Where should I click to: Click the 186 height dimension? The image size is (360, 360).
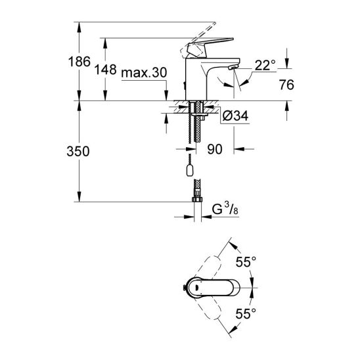tap(79, 62)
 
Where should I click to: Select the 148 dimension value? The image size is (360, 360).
tap(105, 70)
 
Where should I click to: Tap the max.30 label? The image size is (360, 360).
tap(144, 73)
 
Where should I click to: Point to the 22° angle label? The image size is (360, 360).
tap(265, 65)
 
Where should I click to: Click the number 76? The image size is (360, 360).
tap(286, 85)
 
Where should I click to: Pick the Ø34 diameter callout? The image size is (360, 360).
tap(236, 116)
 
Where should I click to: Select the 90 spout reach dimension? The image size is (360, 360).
tap(215, 149)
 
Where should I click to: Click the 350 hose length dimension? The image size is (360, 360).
tap(78, 152)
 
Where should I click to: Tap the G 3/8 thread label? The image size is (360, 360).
tap(225, 209)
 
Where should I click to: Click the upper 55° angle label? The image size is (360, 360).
tap(246, 262)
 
